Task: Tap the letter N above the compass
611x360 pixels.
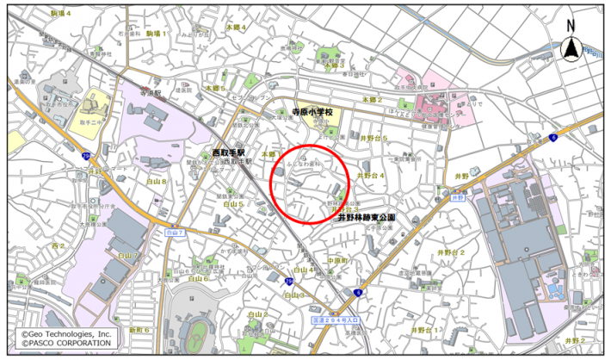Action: pyautogui.click(x=570, y=25)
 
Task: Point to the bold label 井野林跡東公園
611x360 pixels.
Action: pyautogui.click(x=366, y=219)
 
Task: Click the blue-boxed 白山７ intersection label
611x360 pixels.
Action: pyautogui.click(x=176, y=233)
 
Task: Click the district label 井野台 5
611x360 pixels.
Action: pyautogui.click(x=373, y=138)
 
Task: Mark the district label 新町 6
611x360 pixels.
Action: pyautogui.click(x=139, y=330)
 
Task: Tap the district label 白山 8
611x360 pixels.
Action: pyautogui.click(x=156, y=183)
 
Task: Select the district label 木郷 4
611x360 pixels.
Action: pyautogui.click(x=236, y=28)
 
